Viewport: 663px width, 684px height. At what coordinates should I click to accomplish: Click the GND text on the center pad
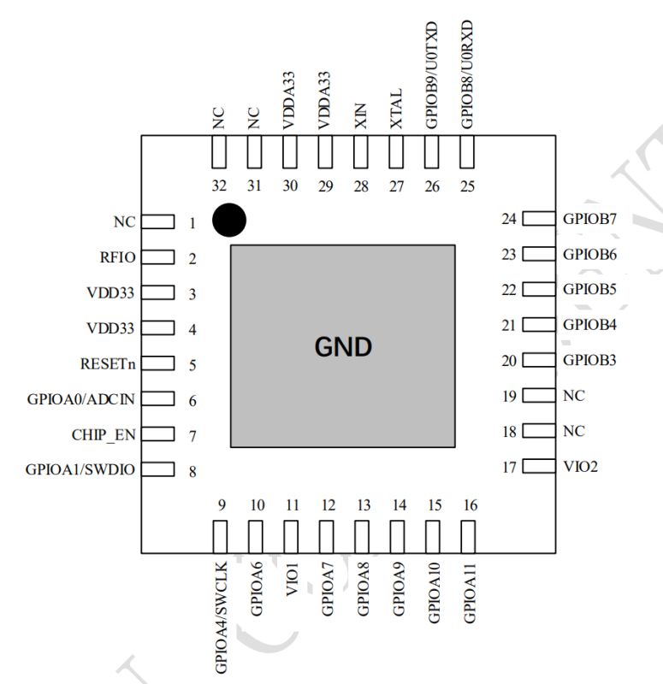coord(342,347)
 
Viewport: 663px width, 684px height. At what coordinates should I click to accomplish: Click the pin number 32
coord(219,187)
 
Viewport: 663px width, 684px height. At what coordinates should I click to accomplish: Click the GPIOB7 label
coord(590,219)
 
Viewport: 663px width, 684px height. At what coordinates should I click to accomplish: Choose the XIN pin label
coord(360,115)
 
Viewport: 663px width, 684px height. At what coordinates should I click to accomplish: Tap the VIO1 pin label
coord(291,581)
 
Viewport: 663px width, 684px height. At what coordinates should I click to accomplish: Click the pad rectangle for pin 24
coord(538,219)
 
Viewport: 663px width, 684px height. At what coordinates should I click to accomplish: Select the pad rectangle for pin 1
coord(157,222)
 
